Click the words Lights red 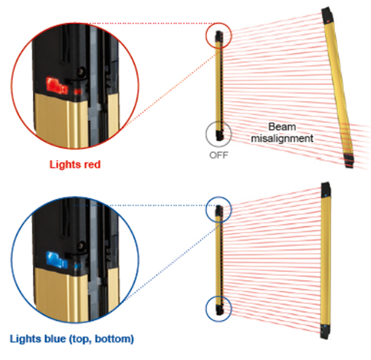coord(75,164)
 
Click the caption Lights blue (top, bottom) coord(72,339)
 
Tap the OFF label coord(218,155)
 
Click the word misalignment coord(282,138)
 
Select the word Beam coord(282,126)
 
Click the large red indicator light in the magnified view coord(57,86)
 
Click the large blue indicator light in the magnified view coord(57,260)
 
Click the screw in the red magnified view coord(82,70)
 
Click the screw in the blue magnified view coord(81,246)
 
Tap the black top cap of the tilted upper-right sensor coord(327,16)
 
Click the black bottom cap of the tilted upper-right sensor coord(350,160)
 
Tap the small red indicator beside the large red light coord(77,91)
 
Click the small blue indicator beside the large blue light coord(77,266)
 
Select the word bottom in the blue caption coord(114,339)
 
